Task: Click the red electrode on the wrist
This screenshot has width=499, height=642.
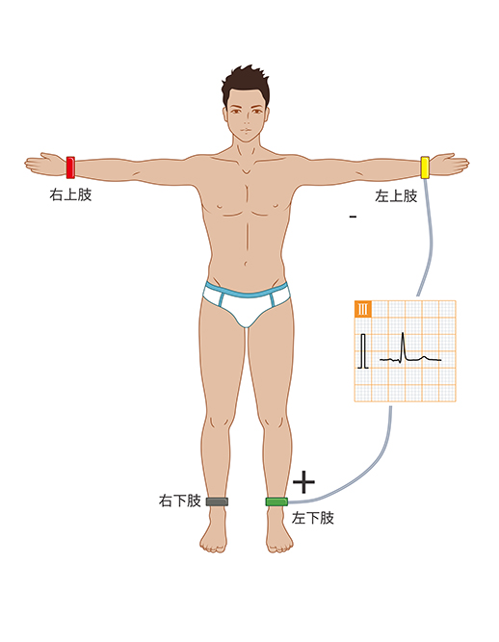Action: point(70,167)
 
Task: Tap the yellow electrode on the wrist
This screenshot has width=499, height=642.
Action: point(425,167)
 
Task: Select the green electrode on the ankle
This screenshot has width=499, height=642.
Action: point(276,501)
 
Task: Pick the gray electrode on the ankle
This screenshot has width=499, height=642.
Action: point(217,501)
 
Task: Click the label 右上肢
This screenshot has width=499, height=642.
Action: point(70,194)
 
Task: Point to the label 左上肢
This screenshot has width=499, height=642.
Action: point(396,196)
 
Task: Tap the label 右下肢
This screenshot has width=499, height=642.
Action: point(179,501)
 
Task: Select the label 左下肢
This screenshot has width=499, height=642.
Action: point(312,518)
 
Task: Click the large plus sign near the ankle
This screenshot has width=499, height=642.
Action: point(303,482)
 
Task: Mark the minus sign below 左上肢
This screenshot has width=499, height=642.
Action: point(354,217)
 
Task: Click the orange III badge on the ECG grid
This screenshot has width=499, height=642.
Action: point(363,309)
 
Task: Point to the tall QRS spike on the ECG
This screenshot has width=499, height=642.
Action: point(403,347)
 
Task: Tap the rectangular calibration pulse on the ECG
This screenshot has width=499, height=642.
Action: point(363,351)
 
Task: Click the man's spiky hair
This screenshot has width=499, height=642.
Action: point(246,82)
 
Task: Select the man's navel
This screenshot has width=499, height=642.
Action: point(246,263)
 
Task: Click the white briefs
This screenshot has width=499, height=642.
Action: point(247,303)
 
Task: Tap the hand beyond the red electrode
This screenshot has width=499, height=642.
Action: point(45,165)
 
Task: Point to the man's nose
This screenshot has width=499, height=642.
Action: point(247,118)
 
